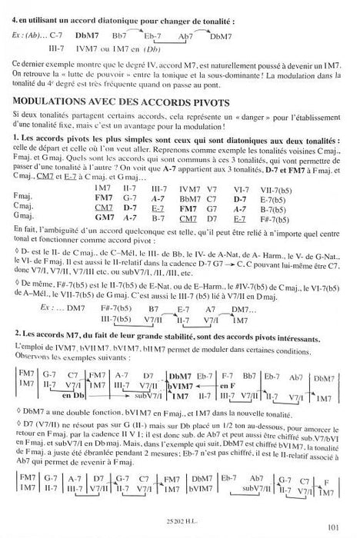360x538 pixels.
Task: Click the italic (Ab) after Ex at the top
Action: point(35,35)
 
